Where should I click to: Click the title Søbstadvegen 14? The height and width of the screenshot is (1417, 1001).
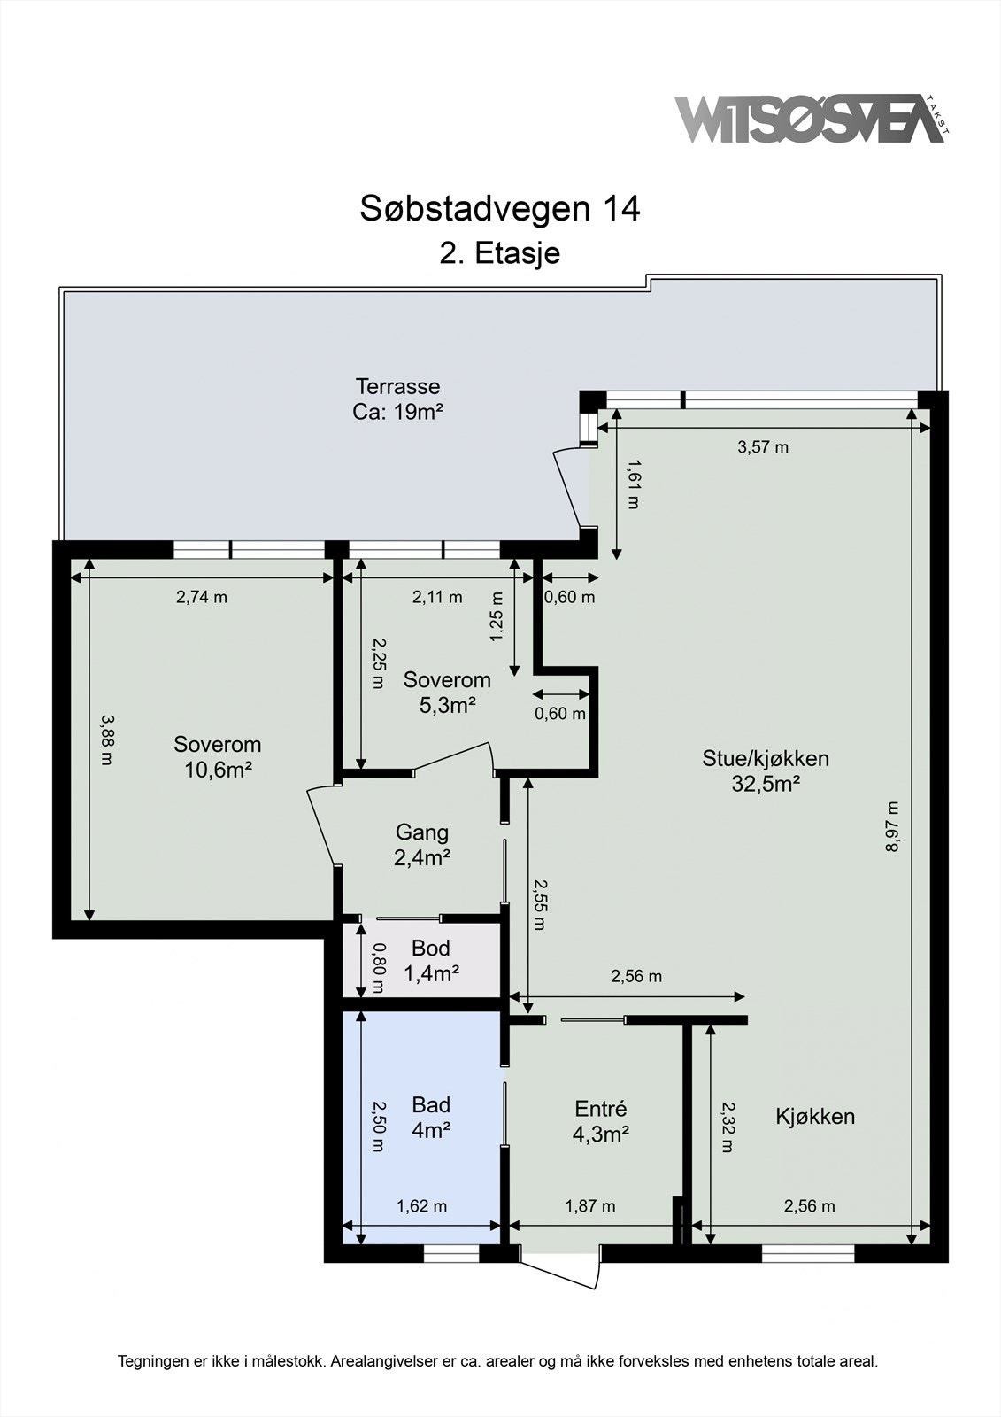[x=499, y=208]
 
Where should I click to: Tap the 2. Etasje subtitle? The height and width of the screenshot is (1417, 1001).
[x=500, y=253]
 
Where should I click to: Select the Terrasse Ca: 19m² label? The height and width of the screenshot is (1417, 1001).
[x=397, y=399]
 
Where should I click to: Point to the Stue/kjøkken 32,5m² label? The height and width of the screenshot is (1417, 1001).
[x=766, y=771]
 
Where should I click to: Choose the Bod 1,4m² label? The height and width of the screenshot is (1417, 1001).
[x=431, y=960]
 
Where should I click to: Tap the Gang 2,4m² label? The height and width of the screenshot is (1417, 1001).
[x=422, y=845]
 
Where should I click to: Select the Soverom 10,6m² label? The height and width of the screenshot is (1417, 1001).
[x=218, y=757]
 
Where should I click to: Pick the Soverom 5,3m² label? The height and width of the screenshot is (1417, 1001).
[x=447, y=692]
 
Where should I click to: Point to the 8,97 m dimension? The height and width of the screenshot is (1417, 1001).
[x=892, y=827]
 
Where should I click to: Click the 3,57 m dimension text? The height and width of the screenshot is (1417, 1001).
[x=763, y=447]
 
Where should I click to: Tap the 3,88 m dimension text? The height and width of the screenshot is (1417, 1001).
[x=107, y=739]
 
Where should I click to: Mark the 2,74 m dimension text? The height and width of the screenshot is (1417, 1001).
[x=201, y=597]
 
